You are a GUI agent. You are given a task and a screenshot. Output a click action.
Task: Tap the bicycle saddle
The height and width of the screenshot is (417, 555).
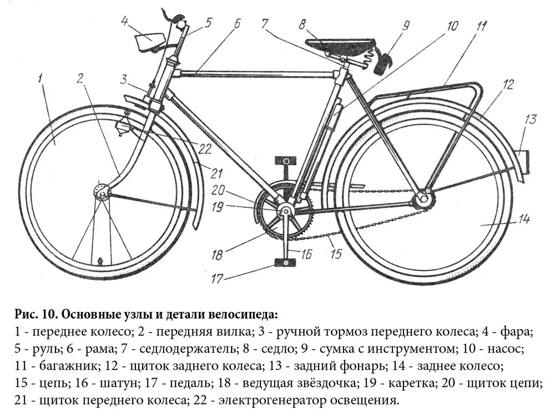click(329, 46)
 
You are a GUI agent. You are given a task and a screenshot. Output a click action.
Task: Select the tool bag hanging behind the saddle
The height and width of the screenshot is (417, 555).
click(383, 60)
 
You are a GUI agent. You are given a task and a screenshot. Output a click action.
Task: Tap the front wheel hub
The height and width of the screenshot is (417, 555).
click(102, 192)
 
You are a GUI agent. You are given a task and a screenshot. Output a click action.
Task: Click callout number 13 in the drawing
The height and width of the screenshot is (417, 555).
click(531, 119)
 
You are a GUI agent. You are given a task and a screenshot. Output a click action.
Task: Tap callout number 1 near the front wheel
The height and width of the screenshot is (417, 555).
click(41, 77)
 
